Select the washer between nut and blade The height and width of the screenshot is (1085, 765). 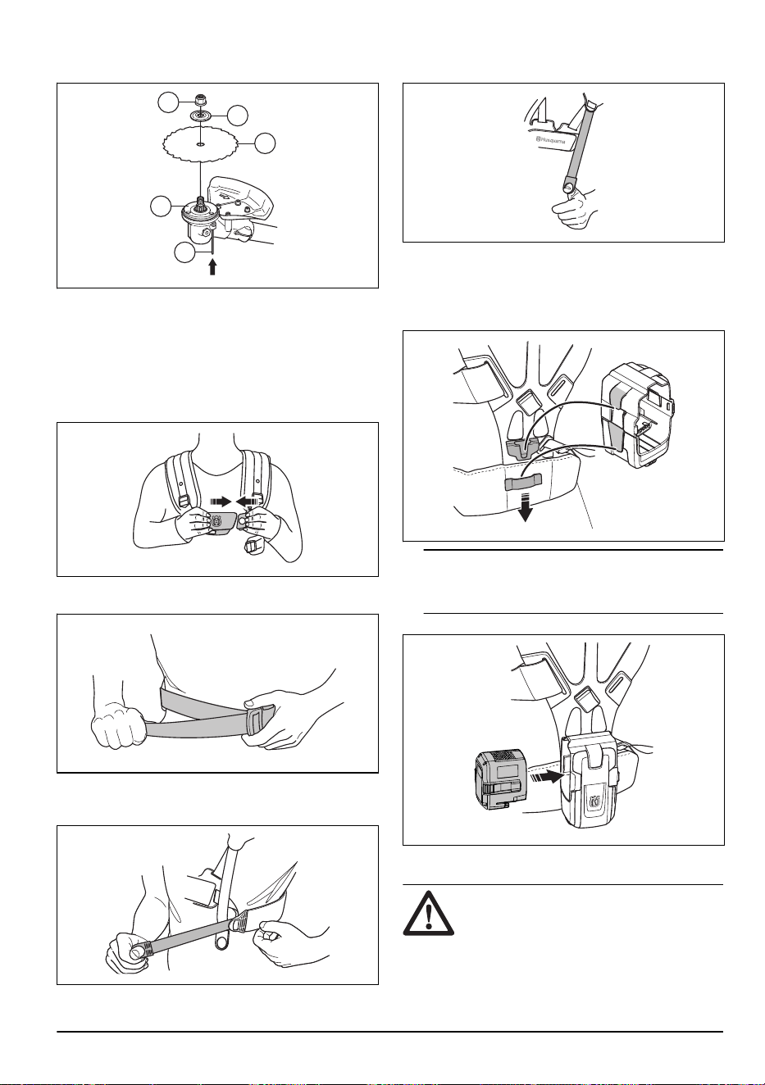pos(199,116)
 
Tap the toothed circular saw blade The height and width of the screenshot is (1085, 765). pos(201,144)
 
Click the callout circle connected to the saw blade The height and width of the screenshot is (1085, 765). pos(266,143)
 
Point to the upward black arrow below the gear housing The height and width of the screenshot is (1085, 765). pos(212,267)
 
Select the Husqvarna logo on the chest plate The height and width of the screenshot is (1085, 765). pos(216,522)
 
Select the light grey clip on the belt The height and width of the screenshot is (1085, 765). pos(523,483)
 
